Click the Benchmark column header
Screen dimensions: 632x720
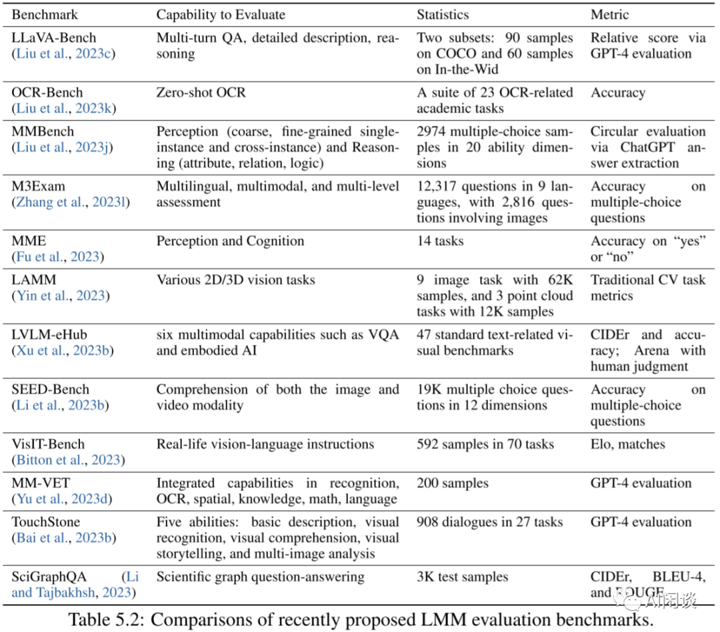tap(45, 14)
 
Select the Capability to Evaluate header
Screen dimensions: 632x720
tap(221, 14)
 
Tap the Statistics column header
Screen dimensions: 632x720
tap(443, 14)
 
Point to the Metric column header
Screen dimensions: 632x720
tap(609, 14)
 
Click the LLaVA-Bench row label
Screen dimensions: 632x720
tap(54, 38)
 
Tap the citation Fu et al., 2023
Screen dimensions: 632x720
tap(57, 257)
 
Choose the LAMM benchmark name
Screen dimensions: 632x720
tap(33, 280)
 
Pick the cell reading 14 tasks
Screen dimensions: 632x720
tap(440, 241)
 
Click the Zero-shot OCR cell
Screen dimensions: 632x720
tap(201, 92)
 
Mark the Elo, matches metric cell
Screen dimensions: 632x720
tap(627, 444)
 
